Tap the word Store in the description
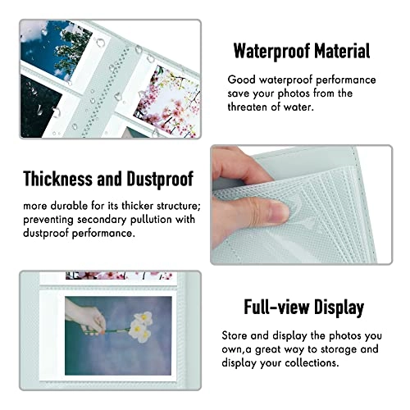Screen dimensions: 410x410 click(x=238, y=336)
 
